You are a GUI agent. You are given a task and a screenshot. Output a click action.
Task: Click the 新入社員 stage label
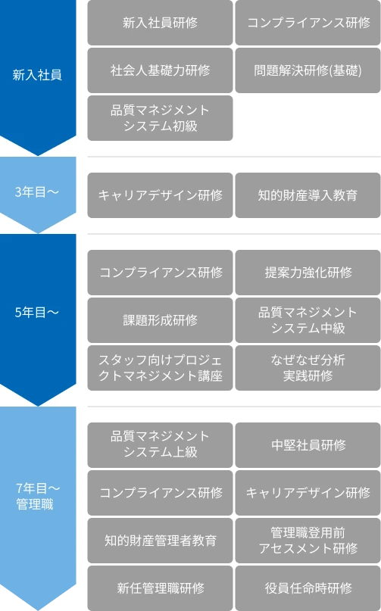click(37, 75)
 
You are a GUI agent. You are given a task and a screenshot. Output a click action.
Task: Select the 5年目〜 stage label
click(37, 311)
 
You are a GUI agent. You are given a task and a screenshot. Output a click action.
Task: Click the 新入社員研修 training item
click(160, 23)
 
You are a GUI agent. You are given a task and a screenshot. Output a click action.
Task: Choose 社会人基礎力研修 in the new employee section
click(160, 70)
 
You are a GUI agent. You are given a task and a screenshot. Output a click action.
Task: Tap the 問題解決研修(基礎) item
click(308, 70)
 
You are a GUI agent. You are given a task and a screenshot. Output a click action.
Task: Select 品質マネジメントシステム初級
click(160, 118)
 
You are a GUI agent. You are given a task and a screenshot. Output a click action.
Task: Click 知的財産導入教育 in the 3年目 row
click(308, 195)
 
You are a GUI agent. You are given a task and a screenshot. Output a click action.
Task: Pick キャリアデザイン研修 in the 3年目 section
click(160, 195)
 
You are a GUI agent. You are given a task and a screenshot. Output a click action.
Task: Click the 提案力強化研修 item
click(308, 272)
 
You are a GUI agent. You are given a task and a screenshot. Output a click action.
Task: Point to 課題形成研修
click(160, 320)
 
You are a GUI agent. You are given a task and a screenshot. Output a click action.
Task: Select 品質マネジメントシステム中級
click(308, 320)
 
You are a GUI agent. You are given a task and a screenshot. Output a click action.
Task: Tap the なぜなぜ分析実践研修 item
click(308, 367)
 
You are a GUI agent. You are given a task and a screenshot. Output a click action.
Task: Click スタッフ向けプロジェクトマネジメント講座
click(160, 367)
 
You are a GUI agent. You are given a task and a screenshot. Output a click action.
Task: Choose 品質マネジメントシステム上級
click(160, 444)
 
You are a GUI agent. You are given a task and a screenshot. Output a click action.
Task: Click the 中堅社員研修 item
click(308, 444)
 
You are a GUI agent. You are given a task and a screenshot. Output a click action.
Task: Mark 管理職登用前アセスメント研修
click(308, 540)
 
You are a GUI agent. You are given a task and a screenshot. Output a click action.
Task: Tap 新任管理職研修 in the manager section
click(160, 588)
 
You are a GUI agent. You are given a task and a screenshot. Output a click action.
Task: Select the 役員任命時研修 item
click(308, 588)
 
